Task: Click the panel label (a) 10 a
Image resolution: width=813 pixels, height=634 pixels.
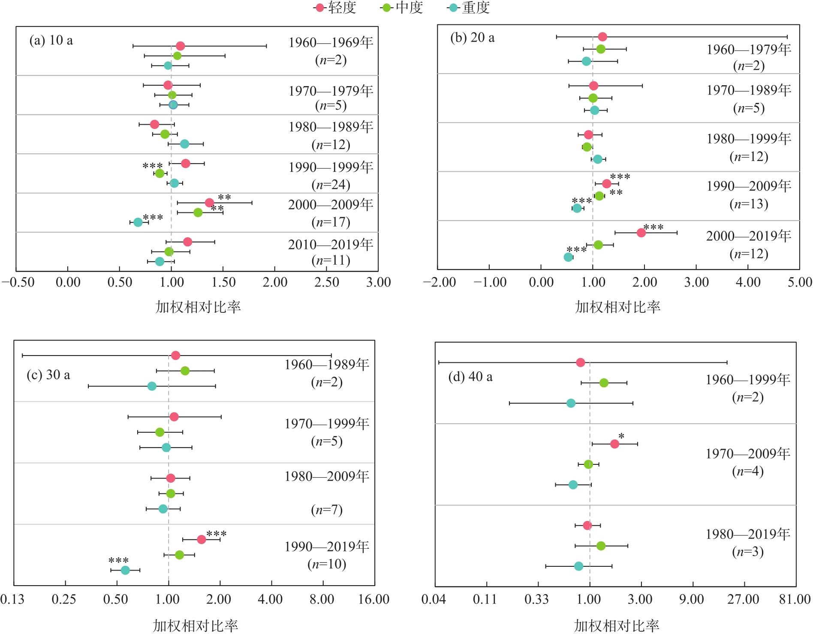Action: tap(51, 40)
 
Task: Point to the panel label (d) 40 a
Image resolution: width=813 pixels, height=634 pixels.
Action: tap(470, 377)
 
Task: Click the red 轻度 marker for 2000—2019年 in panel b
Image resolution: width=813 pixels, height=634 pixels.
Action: tap(641, 233)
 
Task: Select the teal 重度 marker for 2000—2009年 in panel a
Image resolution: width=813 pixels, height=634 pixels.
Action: tap(138, 222)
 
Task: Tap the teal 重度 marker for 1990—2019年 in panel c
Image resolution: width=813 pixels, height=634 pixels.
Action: tap(125, 570)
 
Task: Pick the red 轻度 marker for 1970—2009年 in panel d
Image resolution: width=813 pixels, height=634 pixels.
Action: tap(614, 444)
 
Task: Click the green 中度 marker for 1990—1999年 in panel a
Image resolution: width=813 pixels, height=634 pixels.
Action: tap(160, 173)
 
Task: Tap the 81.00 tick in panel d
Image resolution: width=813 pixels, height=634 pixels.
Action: tap(795, 599)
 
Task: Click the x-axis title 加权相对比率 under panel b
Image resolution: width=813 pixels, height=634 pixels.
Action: tap(617, 307)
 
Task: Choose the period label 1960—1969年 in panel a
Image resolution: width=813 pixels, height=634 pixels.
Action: tap(331, 42)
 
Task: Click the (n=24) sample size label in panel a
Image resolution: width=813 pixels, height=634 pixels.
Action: tap(331, 185)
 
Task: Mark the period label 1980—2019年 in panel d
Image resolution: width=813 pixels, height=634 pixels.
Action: tap(748, 534)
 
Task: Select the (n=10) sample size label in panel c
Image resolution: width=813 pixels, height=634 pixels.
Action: tap(327, 564)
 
